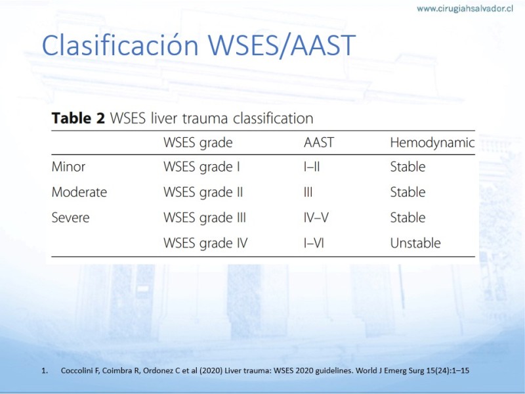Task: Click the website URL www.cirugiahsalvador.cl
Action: point(465,9)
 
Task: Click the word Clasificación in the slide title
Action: point(120,45)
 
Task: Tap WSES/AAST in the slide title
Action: point(282,45)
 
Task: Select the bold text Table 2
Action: point(78,118)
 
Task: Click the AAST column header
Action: point(319,142)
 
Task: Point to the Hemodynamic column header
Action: point(432,143)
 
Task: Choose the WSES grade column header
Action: point(198,143)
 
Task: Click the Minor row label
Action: point(68,167)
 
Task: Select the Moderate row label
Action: point(79,192)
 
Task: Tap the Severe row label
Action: point(71,218)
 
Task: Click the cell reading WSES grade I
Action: point(201,167)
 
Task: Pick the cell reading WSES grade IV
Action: point(205,244)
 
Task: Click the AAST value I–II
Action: point(312,167)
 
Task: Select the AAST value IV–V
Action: point(316,218)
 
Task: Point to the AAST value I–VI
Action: point(314,243)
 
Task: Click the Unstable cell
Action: point(415,243)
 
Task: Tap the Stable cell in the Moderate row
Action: point(408,192)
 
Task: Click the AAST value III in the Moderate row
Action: point(308,192)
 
